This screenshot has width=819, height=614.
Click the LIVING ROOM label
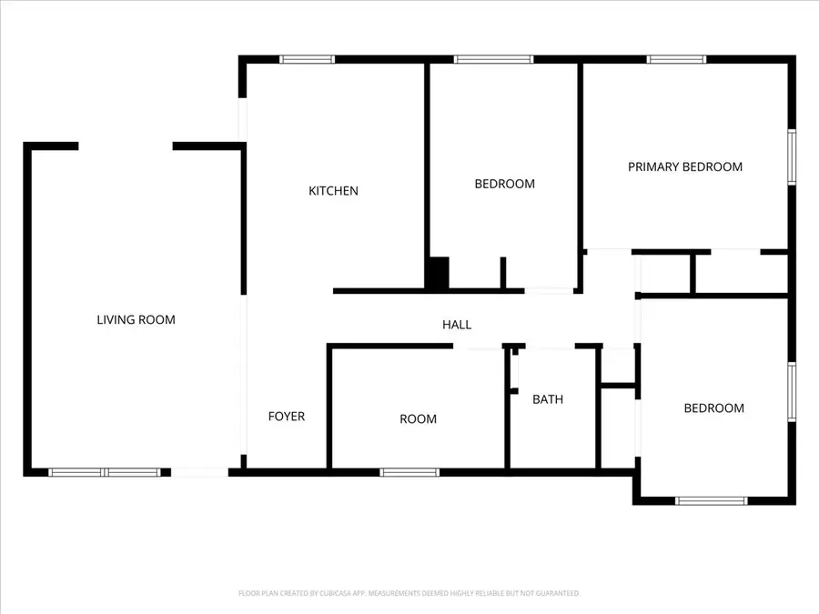point(136,319)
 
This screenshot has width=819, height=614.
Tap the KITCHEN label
point(333,191)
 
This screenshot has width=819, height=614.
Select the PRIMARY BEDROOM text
point(685,166)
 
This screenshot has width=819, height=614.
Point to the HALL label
point(457,325)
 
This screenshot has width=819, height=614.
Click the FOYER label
point(286,417)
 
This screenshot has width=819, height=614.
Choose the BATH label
point(548,399)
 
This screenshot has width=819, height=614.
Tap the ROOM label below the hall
point(418,419)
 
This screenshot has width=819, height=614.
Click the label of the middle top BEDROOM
point(504,184)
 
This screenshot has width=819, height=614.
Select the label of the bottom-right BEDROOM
point(713,408)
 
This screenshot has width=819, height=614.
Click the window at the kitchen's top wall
point(307,59)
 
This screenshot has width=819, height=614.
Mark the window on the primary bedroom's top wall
point(676,59)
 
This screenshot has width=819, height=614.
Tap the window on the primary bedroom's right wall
point(792,156)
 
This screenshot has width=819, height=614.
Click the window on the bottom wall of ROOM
point(409,472)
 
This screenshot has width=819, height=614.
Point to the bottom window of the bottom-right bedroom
point(711,500)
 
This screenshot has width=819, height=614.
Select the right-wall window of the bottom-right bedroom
point(792,392)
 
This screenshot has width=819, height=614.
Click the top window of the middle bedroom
point(493,59)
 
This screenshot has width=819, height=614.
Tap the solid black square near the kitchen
point(438,274)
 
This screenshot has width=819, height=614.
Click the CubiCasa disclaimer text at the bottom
point(409,593)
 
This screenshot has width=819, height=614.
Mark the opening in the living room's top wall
point(125,146)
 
